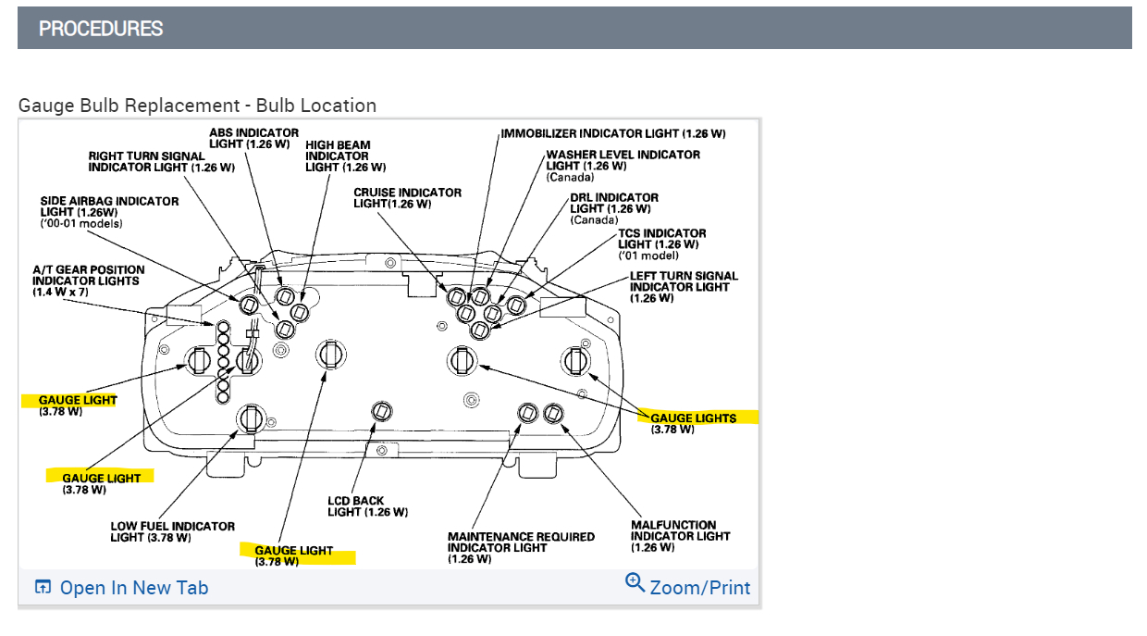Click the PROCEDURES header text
101,29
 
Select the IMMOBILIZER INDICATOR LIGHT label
613,134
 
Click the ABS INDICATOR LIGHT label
253,139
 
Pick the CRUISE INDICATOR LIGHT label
407,198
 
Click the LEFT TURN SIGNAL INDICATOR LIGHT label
684,287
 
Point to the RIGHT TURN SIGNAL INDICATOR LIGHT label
161,162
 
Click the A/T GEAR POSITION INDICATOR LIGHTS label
88,281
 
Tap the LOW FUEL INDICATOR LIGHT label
172,531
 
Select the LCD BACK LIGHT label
367,506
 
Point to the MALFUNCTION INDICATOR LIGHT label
680,536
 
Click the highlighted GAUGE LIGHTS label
694,418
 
